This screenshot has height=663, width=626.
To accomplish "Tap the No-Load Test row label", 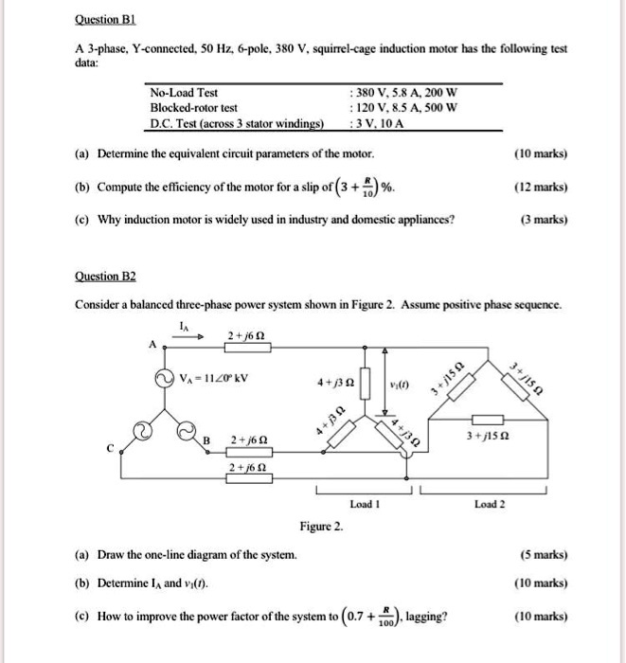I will [x=184, y=93].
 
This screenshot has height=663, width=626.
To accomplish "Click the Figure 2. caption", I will [x=322, y=526].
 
